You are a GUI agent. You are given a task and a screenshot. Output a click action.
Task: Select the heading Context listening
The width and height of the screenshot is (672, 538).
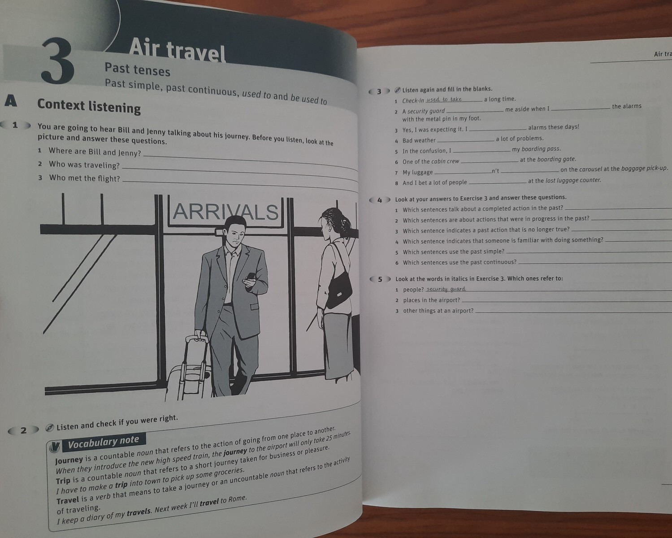[89, 106]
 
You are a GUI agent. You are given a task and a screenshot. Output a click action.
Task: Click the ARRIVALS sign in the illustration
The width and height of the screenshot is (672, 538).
[225, 212]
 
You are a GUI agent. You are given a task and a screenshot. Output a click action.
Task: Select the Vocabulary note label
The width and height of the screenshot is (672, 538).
[104, 442]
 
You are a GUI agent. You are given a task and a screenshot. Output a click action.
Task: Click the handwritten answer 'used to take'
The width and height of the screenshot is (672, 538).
[444, 99]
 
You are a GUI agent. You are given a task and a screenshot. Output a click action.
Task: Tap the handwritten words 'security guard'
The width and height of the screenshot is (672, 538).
[446, 289]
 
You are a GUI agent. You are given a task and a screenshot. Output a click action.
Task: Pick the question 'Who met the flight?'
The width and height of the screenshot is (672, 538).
[84, 178]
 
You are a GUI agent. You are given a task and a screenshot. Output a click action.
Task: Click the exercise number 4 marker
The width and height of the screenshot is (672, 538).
[380, 200]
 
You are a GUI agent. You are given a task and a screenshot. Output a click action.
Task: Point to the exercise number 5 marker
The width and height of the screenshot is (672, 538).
[380, 279]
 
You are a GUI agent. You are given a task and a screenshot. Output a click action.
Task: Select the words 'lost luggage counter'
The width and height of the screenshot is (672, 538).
[573, 180]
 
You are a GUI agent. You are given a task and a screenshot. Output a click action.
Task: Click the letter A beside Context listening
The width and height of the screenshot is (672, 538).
[11, 101]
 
